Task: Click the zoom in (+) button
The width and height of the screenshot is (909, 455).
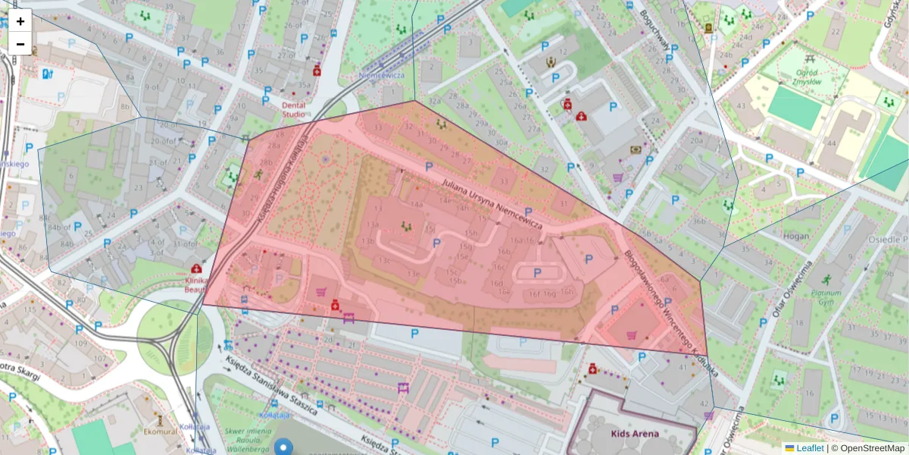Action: pyautogui.click(x=20, y=21)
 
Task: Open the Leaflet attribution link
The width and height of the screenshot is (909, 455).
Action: pyautogui.click(x=810, y=448)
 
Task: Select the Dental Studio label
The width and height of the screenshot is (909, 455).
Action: pyautogui.click(x=294, y=110)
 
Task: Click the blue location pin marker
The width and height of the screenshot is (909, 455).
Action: pyautogui.click(x=284, y=446)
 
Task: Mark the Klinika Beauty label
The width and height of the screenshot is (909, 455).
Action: pyautogui.click(x=195, y=284)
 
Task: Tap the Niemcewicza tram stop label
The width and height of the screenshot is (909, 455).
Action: pyautogui.click(x=382, y=75)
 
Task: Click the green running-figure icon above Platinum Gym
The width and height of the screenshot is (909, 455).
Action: pyautogui.click(x=826, y=279)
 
